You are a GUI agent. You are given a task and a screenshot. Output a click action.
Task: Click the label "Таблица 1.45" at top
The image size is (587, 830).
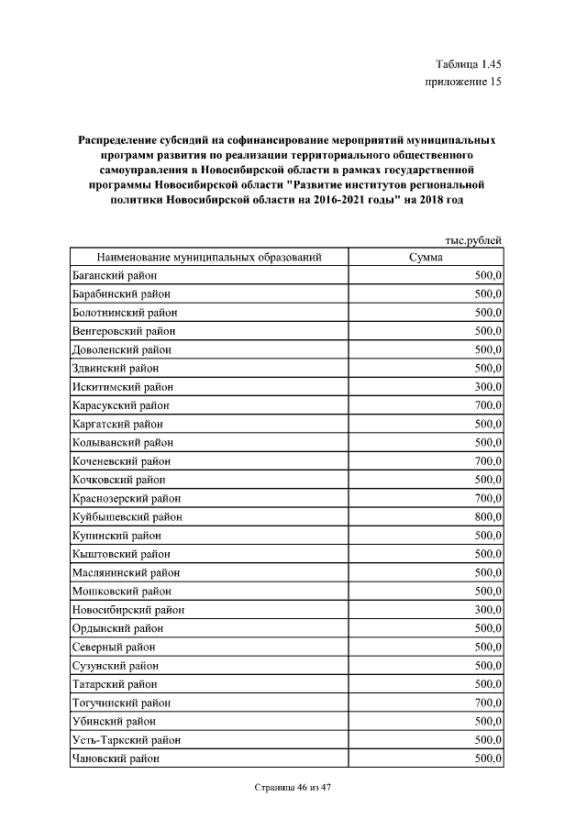tap(469, 63)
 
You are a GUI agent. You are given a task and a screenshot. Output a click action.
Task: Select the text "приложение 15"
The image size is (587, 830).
tap(464, 82)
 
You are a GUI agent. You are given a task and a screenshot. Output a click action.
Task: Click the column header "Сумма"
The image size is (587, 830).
tap(426, 258)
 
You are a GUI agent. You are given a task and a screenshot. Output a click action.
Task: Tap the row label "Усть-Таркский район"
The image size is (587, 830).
tap(126, 740)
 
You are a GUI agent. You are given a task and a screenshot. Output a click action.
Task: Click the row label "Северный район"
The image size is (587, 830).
tap(113, 647)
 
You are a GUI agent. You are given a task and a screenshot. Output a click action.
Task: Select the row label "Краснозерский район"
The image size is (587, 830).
tap(126, 498)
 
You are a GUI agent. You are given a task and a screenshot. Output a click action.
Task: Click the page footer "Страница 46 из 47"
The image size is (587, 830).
tap(293, 788)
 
